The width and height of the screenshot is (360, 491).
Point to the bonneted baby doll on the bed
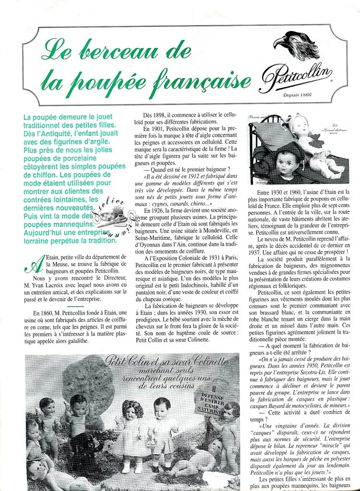point(317,144)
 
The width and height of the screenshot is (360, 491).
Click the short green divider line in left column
point(76,306)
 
